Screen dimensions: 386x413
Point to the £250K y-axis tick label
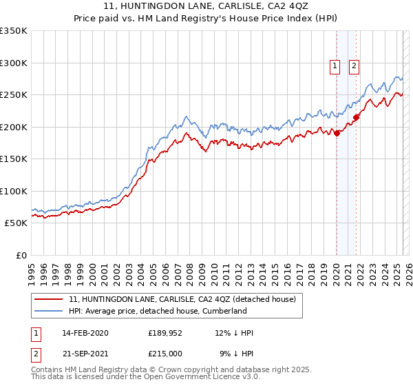pos(14,94)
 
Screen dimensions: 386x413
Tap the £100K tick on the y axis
pos(14,191)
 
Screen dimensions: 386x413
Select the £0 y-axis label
pos(21,255)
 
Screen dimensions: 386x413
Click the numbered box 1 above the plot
pos(335,66)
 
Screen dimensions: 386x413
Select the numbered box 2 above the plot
pos(354,66)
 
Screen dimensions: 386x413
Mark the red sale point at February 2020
pos(337,133)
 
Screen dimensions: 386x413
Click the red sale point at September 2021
pos(357,117)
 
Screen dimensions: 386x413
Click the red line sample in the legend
pos(49,299)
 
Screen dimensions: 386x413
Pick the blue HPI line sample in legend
pos(49,311)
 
